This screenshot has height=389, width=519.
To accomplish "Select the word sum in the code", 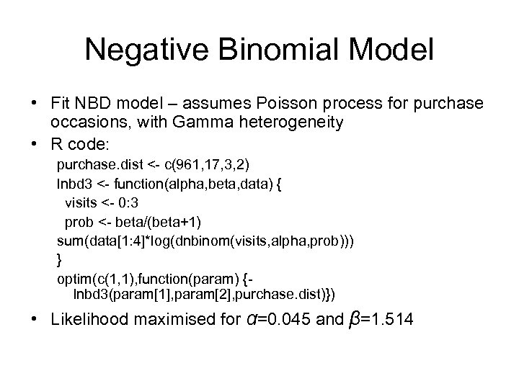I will click(x=69, y=238).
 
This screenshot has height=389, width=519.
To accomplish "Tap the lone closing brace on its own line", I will click(x=60, y=257).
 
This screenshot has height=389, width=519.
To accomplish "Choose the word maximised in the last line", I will click(x=171, y=319).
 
